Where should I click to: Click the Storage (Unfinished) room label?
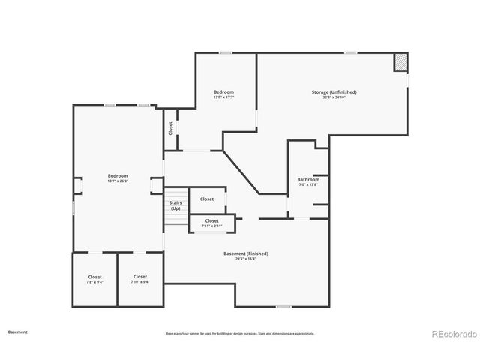(x=334, y=91)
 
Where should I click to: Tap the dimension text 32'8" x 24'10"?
(x=334, y=97)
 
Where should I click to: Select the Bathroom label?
(x=308, y=179)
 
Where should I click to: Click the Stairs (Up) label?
(x=175, y=205)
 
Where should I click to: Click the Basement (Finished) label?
(x=245, y=253)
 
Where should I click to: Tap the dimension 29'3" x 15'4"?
(x=245, y=259)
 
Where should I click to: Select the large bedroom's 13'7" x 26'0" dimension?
(x=118, y=181)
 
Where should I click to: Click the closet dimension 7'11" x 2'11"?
(x=211, y=226)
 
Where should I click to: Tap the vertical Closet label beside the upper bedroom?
(x=170, y=128)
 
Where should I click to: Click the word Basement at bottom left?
(x=18, y=331)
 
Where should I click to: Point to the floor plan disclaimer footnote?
(x=240, y=333)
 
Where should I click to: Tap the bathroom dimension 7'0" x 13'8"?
(x=308, y=185)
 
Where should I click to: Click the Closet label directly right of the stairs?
(x=207, y=199)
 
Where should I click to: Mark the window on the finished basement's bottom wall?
(x=283, y=306)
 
